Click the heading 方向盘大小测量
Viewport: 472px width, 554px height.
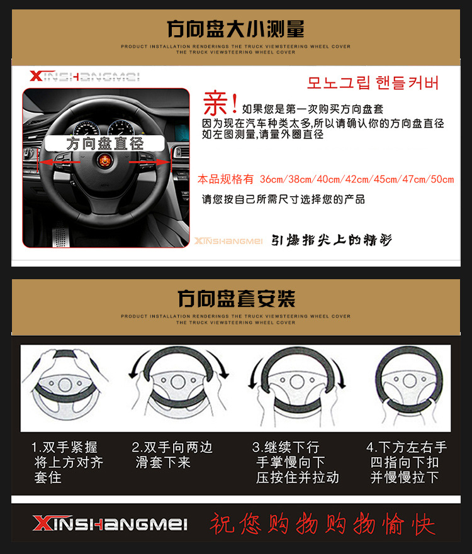point(235,29)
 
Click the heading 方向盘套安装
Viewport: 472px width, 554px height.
point(235,298)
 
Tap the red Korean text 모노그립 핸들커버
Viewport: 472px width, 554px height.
point(373,83)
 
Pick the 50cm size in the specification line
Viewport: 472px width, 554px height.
point(441,179)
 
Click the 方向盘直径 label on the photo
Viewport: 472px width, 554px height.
point(105,143)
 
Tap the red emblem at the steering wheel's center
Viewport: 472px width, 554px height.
point(105,162)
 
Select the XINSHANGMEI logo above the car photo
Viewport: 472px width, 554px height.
point(84,77)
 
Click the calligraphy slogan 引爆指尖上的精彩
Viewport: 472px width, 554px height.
point(332,240)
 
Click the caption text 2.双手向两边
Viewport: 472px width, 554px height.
point(172,448)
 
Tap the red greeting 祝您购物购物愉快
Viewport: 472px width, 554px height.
point(322,523)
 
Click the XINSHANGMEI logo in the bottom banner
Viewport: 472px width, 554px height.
point(110,523)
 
